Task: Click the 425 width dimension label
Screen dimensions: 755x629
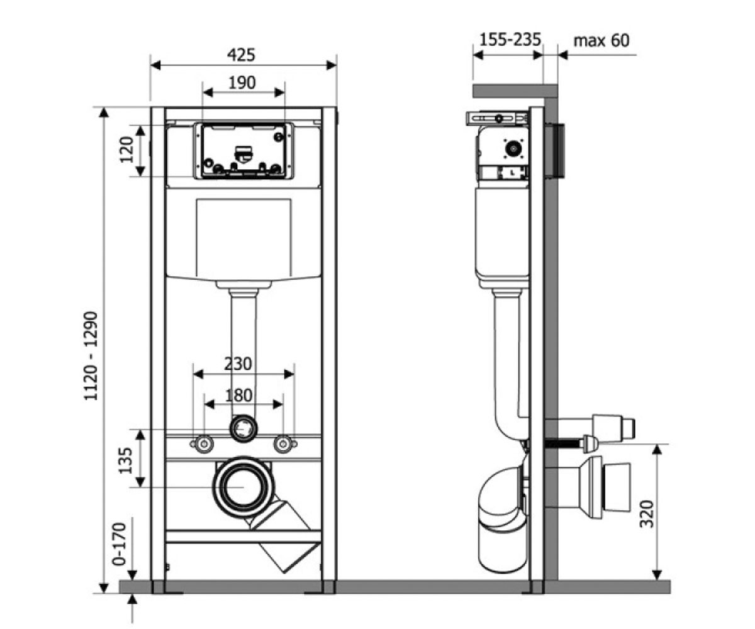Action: (x=241, y=55)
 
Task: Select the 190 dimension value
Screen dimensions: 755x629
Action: (x=242, y=83)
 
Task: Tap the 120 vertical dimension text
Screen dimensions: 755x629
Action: (x=127, y=149)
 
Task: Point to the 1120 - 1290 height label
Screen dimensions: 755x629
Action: (x=91, y=356)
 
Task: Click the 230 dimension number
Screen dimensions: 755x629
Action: (x=238, y=364)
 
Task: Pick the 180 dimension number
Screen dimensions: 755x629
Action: (x=238, y=396)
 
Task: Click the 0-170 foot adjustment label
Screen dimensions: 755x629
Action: (x=119, y=544)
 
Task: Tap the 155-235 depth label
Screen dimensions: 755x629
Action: (x=510, y=40)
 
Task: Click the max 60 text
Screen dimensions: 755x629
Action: (x=601, y=40)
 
